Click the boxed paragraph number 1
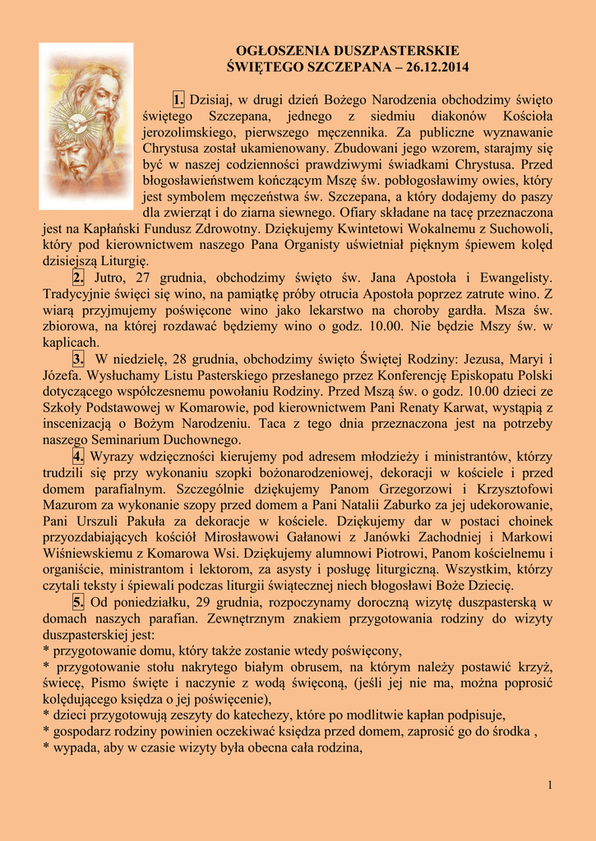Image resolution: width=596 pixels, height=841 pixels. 178,100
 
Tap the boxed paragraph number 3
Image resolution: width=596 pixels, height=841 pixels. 78,359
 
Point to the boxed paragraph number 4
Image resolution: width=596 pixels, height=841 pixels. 78,456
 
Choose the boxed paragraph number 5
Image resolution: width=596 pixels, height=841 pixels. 78,602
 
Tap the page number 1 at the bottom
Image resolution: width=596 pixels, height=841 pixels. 549,786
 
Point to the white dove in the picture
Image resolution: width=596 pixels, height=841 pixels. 78,123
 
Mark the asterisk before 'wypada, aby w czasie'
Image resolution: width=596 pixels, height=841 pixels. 46,748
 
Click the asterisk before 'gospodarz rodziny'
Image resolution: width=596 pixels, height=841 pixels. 46,732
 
